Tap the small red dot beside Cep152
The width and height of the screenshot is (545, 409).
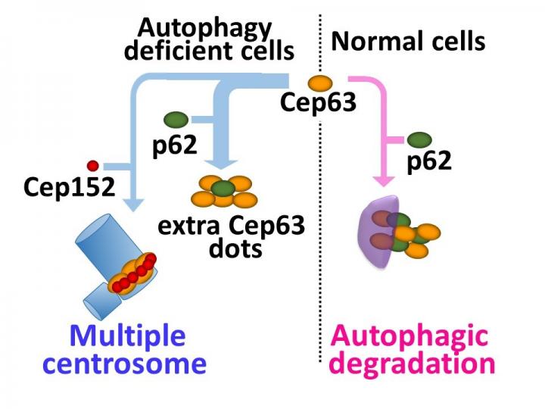coord(93,164)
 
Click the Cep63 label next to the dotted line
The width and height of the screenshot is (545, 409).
coord(318,102)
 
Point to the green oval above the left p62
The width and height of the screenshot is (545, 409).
coord(176,119)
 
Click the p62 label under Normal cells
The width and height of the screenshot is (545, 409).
coord(429,161)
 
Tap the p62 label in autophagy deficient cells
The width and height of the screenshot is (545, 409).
coord(175,144)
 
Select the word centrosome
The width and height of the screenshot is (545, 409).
coord(124,364)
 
